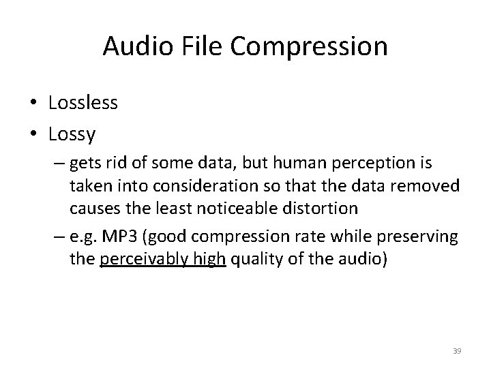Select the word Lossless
[83, 103]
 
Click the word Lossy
[72, 134]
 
